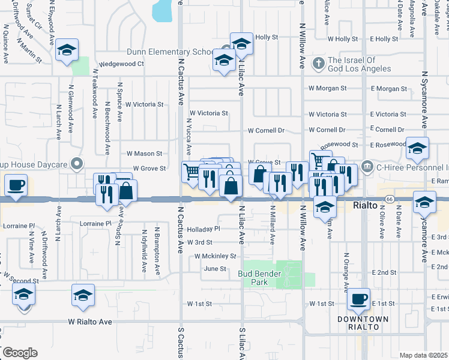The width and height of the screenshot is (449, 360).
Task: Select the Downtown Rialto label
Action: click(362, 323)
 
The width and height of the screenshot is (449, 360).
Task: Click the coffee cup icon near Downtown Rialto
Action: click(359, 298)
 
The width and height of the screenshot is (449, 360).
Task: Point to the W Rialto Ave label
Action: click(90, 322)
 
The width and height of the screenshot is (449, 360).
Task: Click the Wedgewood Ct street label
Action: click(122, 64)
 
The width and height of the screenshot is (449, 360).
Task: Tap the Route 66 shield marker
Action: click(389, 199)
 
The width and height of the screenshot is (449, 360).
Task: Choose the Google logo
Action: click(19, 353)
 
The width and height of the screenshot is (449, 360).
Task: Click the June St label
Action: click(214, 269)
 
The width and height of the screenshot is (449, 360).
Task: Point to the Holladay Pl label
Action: click(203, 229)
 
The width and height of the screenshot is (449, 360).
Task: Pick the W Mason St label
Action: click(143, 154)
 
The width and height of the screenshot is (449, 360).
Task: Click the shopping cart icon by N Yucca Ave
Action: click(191, 172)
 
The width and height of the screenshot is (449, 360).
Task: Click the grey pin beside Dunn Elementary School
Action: click(226, 49)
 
